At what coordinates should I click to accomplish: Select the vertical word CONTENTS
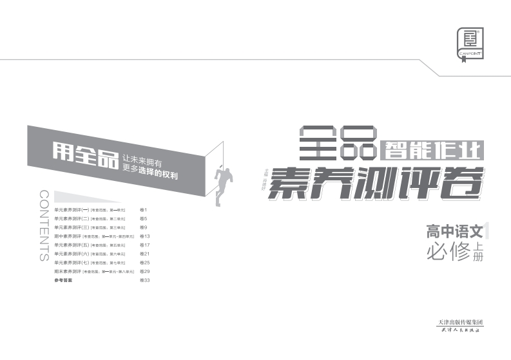coord(44,225)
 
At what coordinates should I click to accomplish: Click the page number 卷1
coord(144,210)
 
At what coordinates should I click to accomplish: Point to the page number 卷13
coord(145,236)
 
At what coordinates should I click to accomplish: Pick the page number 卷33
coord(145,281)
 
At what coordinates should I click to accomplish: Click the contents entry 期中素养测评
coord(68,236)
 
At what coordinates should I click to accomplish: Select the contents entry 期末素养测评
coord(68,272)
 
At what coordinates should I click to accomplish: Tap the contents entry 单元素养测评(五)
coord(72,245)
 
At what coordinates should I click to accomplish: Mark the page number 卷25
coord(145,263)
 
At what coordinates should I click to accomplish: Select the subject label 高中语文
coord(454,231)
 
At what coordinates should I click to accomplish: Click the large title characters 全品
coord(338,142)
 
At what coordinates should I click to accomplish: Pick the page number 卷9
coord(144,227)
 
